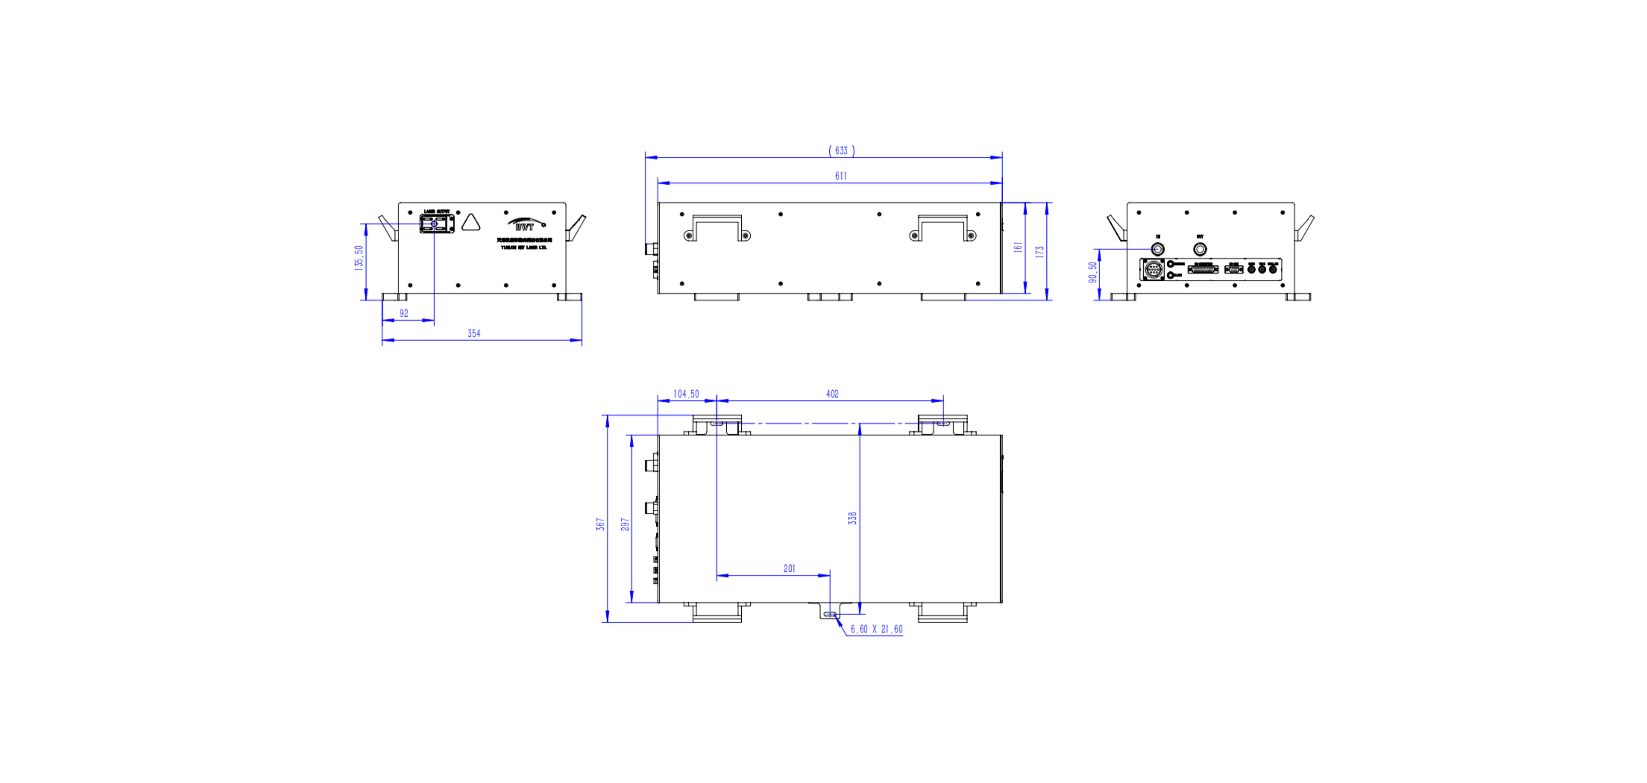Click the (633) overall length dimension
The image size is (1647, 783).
(x=841, y=150)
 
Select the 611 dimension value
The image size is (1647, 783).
(x=841, y=176)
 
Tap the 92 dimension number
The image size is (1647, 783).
(x=403, y=313)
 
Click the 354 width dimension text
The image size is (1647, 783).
(x=474, y=333)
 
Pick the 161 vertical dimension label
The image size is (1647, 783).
(x=1018, y=247)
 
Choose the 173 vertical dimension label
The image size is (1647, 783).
(x=1039, y=252)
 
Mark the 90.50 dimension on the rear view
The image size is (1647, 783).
(x=1093, y=272)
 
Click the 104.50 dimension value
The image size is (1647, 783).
(x=686, y=394)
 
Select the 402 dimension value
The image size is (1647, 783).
(x=832, y=394)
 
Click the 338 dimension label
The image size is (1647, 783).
(x=852, y=518)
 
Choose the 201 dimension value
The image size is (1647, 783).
(x=789, y=569)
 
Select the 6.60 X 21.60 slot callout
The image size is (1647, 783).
(x=876, y=629)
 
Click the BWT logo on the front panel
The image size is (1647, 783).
(x=525, y=225)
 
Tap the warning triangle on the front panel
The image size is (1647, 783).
(x=471, y=223)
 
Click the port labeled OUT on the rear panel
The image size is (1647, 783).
(x=1200, y=248)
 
